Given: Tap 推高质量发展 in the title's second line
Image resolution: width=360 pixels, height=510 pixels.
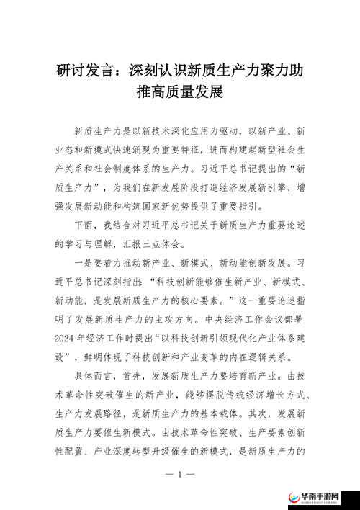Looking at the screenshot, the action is (x=180, y=92).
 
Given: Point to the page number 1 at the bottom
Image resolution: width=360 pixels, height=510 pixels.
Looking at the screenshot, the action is (x=180, y=475).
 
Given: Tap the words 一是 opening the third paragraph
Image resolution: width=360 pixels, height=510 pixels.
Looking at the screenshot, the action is (x=84, y=264).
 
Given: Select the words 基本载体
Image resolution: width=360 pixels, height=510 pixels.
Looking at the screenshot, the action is (x=205, y=414).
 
